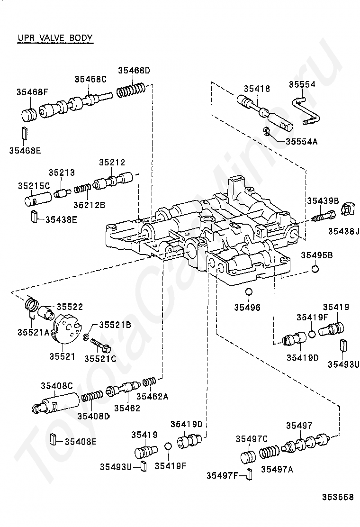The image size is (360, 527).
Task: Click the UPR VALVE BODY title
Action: click(x=54, y=37)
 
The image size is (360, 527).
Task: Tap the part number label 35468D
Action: click(x=134, y=71)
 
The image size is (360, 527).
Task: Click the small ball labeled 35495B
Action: click(x=315, y=270)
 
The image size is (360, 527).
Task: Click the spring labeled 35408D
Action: click(x=92, y=396)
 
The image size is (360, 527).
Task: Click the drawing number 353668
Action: click(x=338, y=497)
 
